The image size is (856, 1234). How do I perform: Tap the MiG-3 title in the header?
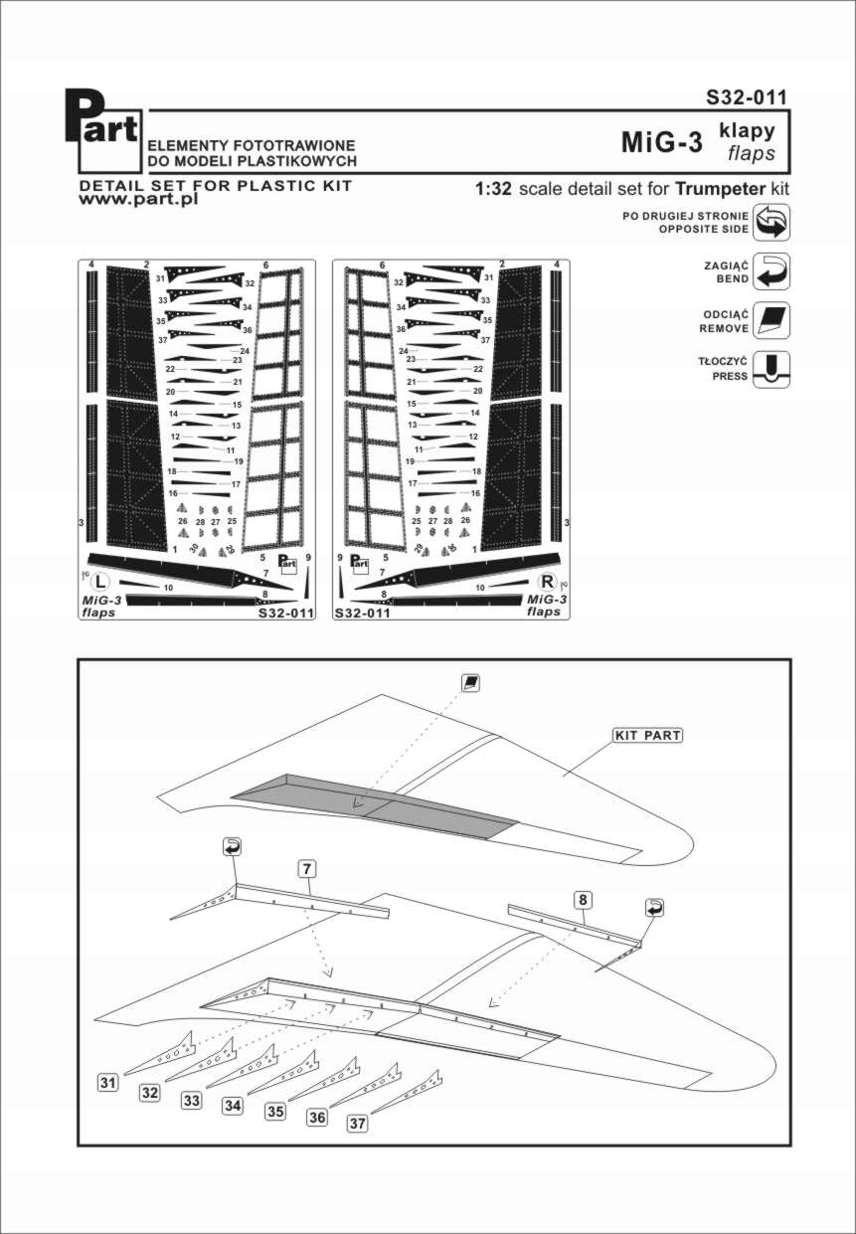tap(661, 142)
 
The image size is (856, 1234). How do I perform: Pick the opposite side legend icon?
tap(772, 222)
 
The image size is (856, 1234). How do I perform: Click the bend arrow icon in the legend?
tap(772, 270)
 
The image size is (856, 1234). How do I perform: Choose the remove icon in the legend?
tap(772, 320)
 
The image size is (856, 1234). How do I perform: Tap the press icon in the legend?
tap(772, 369)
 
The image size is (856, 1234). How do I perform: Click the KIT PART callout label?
tap(646, 736)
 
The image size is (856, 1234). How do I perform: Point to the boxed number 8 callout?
tap(584, 900)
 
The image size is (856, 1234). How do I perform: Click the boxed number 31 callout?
tap(108, 1082)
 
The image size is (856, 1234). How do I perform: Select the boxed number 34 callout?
tap(233, 1106)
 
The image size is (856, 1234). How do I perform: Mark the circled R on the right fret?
tap(546, 582)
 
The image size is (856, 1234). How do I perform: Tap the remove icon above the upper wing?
tap(471, 682)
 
